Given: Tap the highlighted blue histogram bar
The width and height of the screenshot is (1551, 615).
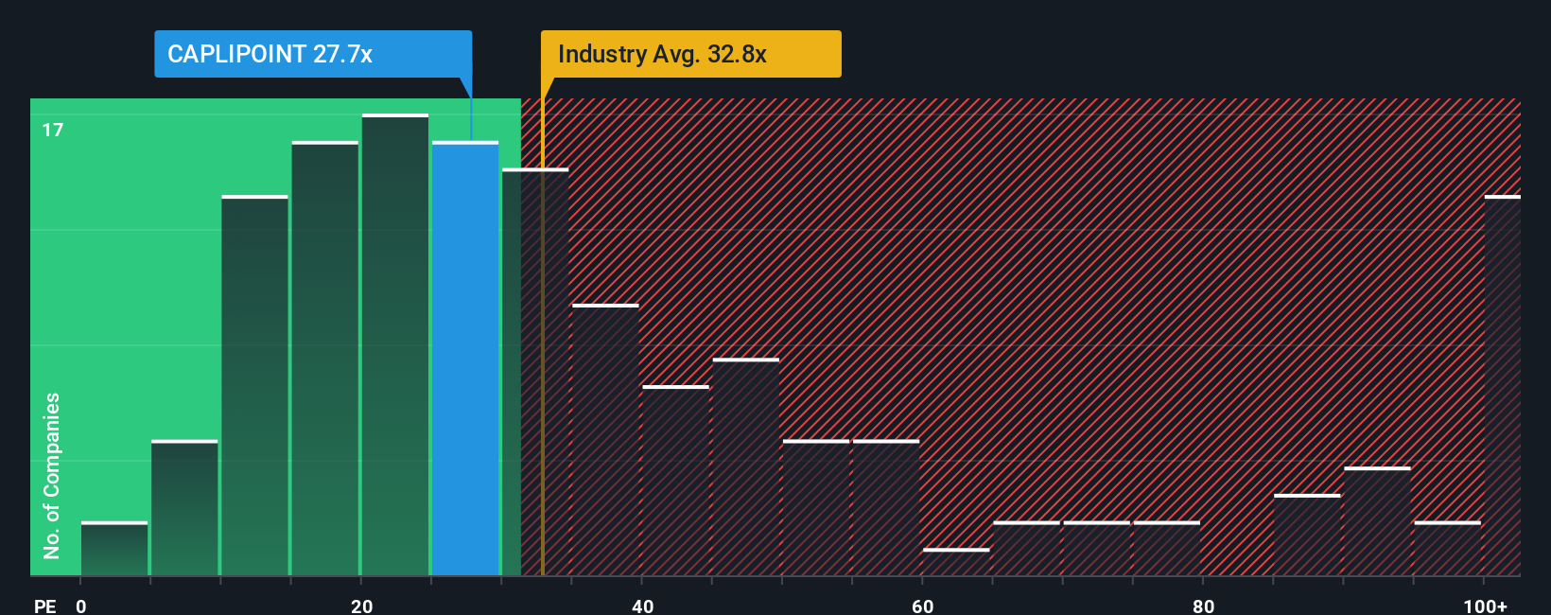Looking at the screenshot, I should pos(465,359).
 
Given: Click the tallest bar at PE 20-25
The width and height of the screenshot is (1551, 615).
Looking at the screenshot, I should pos(395,345).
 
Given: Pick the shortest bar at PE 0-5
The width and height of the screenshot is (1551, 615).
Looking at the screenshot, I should pos(114,549).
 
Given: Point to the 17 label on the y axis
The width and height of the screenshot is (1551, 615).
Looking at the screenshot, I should pos(53,130).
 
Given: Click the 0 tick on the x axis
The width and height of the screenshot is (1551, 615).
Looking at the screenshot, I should pos(81,606).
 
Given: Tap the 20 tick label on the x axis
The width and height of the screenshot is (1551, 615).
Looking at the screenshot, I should pos(361,606).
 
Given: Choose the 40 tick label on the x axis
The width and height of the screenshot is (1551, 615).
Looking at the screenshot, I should pos(642,606).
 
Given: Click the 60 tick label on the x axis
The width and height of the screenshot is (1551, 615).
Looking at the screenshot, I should pos(923,606).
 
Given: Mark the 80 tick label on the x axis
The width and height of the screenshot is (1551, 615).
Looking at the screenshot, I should pos(1203,606).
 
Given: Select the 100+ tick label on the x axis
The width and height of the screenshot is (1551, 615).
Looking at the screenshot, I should pos(1485,606).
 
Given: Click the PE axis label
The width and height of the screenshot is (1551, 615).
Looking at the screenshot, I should pos(45,606).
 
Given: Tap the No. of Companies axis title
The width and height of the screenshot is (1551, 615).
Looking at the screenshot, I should pos(52,475).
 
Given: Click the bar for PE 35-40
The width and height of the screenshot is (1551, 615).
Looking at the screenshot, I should pos(605,440).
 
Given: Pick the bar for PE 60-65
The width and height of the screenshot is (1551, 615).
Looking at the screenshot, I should pos(956,562).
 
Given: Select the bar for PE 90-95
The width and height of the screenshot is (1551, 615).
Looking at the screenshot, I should pos(1377,521).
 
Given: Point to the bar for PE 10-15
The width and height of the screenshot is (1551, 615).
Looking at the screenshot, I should pos(254,386).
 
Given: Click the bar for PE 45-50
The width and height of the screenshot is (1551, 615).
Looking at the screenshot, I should pos(746,467).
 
